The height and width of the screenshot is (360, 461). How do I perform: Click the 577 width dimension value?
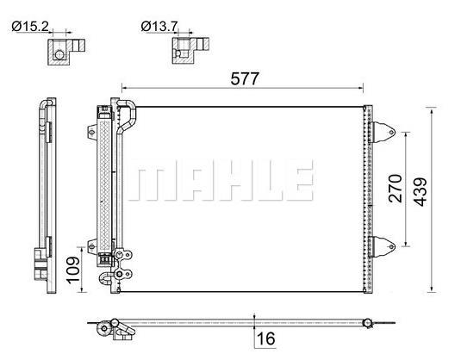tap(245, 78)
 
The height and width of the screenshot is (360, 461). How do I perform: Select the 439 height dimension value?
tap(421, 192)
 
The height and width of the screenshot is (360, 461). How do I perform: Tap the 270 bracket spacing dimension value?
tap(396, 189)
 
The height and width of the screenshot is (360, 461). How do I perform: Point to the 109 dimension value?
tap(72, 270)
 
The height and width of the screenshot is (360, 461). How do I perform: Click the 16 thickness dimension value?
tap(265, 338)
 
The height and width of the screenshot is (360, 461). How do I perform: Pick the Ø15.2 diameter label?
tap(30, 27)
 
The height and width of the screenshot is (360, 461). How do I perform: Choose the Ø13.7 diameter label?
tap(159, 27)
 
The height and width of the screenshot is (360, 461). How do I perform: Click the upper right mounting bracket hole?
tap(391, 133)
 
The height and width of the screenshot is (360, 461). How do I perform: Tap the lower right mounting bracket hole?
tap(391, 246)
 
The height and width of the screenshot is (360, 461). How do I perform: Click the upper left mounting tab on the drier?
tap(92, 132)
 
